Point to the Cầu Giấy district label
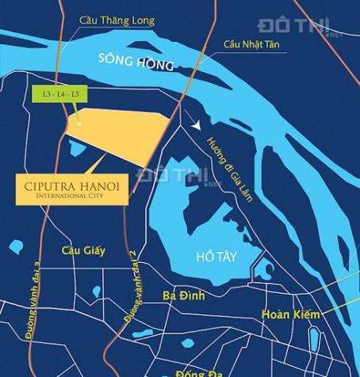tap(83, 251)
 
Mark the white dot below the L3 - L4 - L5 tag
tap(79, 121)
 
